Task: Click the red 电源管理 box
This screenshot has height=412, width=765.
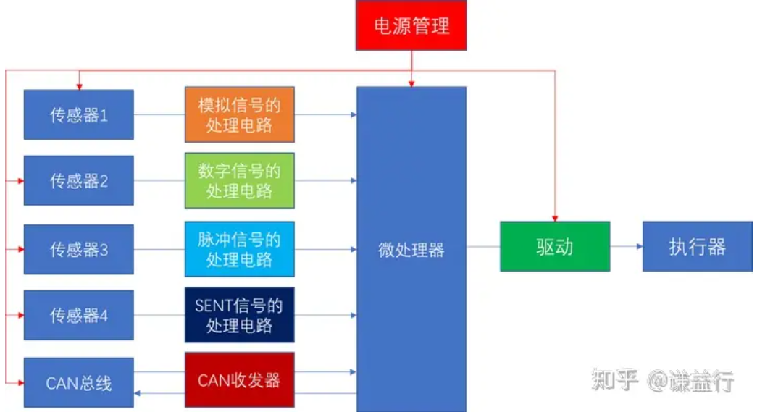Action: point(411,25)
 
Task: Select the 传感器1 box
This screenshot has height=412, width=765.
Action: point(78,114)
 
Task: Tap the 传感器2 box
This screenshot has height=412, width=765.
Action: point(78,180)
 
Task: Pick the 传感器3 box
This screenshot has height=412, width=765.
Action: point(78,249)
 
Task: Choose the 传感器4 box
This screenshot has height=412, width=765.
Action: point(78,315)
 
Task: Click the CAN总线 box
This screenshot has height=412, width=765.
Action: point(78,382)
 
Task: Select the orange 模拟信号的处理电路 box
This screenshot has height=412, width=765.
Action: point(239,114)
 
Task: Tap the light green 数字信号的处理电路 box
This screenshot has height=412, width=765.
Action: point(239,180)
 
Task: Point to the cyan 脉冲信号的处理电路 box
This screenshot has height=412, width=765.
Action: point(239,249)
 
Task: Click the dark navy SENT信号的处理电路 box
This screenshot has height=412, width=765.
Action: point(239,315)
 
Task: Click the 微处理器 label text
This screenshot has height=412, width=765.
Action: point(411,250)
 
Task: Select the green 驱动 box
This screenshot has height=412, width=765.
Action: point(555,246)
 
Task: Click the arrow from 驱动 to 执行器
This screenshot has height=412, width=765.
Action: point(627,246)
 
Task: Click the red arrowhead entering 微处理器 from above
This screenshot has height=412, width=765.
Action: point(411,83)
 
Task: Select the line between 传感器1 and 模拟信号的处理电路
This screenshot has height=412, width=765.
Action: point(159,114)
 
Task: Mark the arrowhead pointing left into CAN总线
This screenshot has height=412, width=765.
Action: point(138,392)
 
